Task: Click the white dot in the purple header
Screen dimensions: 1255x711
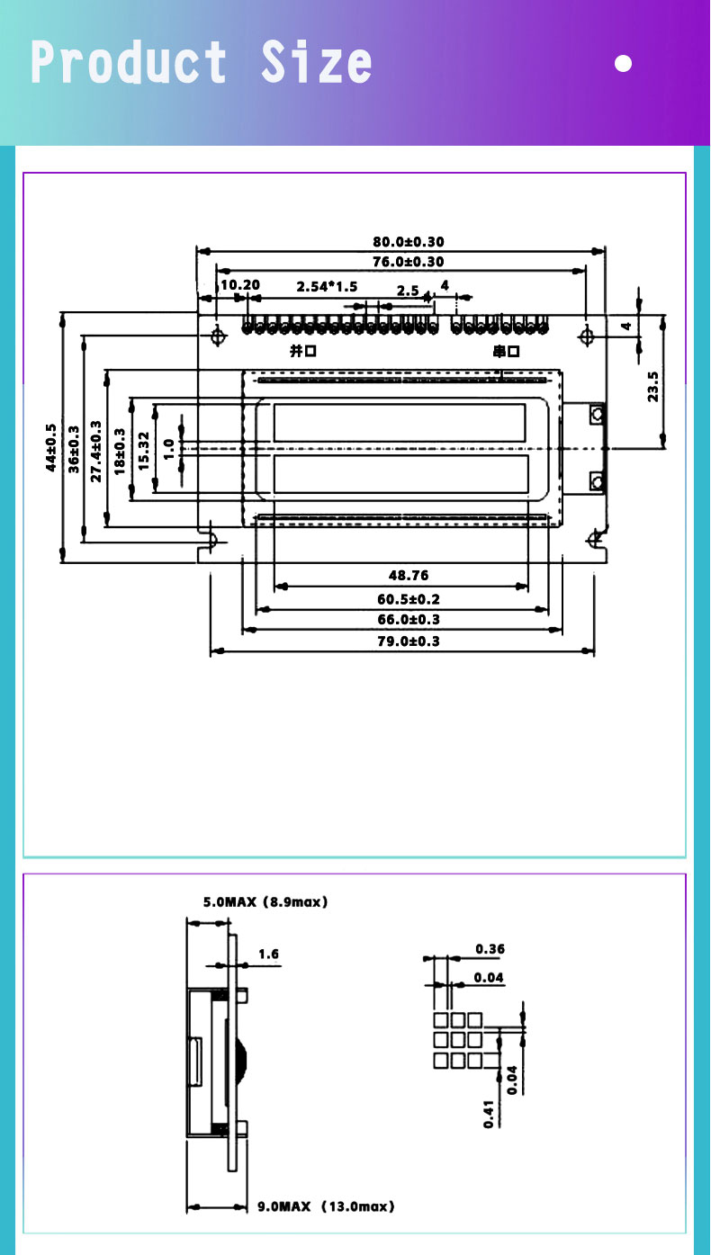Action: (x=623, y=64)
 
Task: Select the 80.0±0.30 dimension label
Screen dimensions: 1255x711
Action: (x=409, y=241)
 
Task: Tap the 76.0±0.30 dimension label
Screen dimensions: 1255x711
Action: (x=409, y=261)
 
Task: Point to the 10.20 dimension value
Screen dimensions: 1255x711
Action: (x=240, y=285)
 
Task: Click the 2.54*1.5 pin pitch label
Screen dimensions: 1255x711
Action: (x=327, y=287)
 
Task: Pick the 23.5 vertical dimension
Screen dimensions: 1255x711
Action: (x=653, y=387)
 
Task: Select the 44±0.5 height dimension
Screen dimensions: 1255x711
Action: (x=51, y=447)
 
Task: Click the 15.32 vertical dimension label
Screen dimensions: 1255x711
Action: (x=143, y=447)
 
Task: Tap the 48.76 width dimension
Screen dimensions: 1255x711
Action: (x=409, y=575)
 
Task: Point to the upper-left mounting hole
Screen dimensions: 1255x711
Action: (x=218, y=336)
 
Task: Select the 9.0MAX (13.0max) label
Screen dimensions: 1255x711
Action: (x=326, y=1206)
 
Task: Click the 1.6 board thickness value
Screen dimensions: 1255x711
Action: (x=268, y=954)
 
